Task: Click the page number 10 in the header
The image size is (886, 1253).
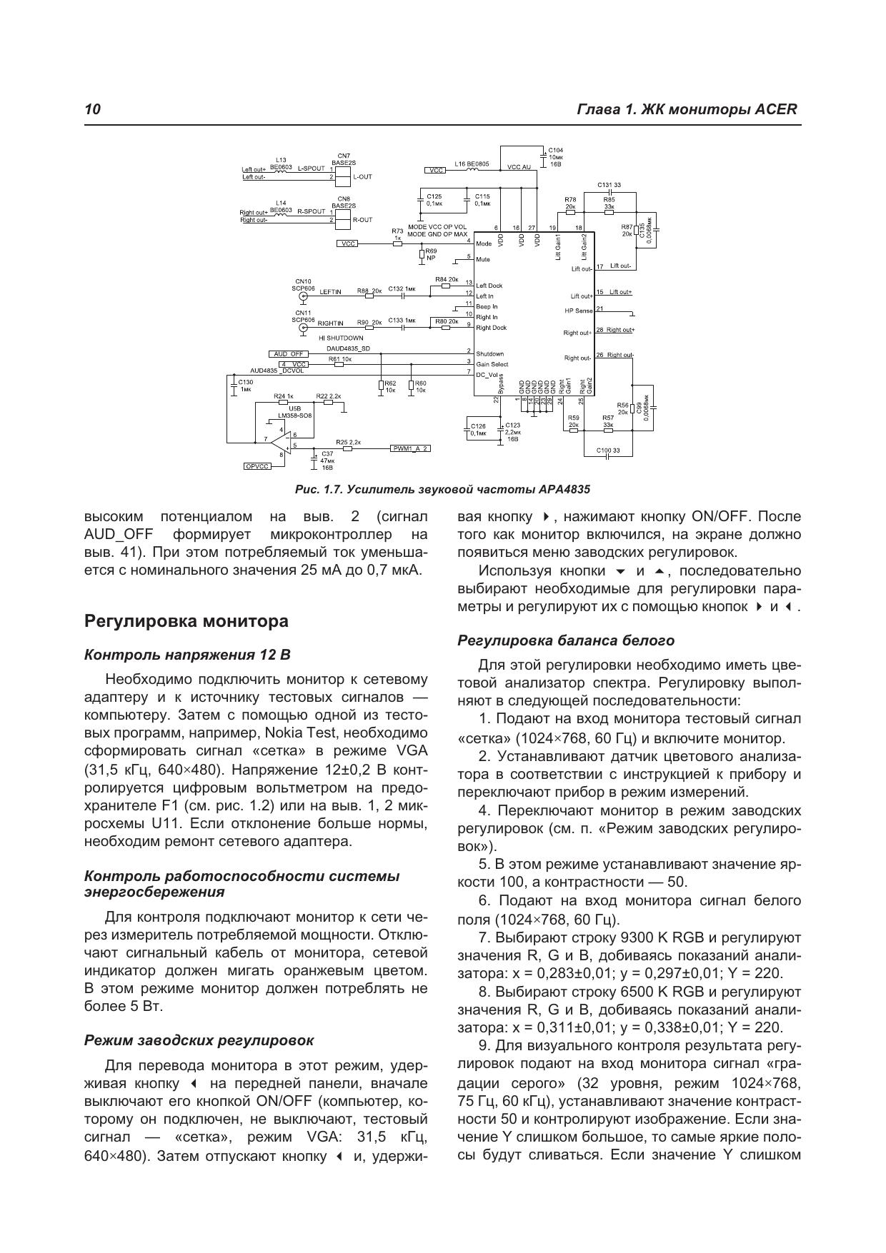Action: (92, 109)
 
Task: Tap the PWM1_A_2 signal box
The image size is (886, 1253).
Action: (411, 448)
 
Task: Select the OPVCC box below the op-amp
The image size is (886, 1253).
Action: (257, 466)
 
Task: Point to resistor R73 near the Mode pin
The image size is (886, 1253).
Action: (397, 243)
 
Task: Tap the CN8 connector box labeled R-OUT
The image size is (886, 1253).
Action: (343, 216)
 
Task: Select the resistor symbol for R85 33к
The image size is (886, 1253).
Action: (609, 212)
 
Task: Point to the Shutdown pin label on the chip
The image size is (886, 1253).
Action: (489, 353)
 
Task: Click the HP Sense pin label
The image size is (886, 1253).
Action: (578, 311)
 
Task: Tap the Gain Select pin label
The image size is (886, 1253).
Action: (492, 364)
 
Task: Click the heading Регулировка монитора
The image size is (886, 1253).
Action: (186, 621)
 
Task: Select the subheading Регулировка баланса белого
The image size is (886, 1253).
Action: (565, 640)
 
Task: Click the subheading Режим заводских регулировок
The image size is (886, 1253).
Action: (199, 1040)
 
